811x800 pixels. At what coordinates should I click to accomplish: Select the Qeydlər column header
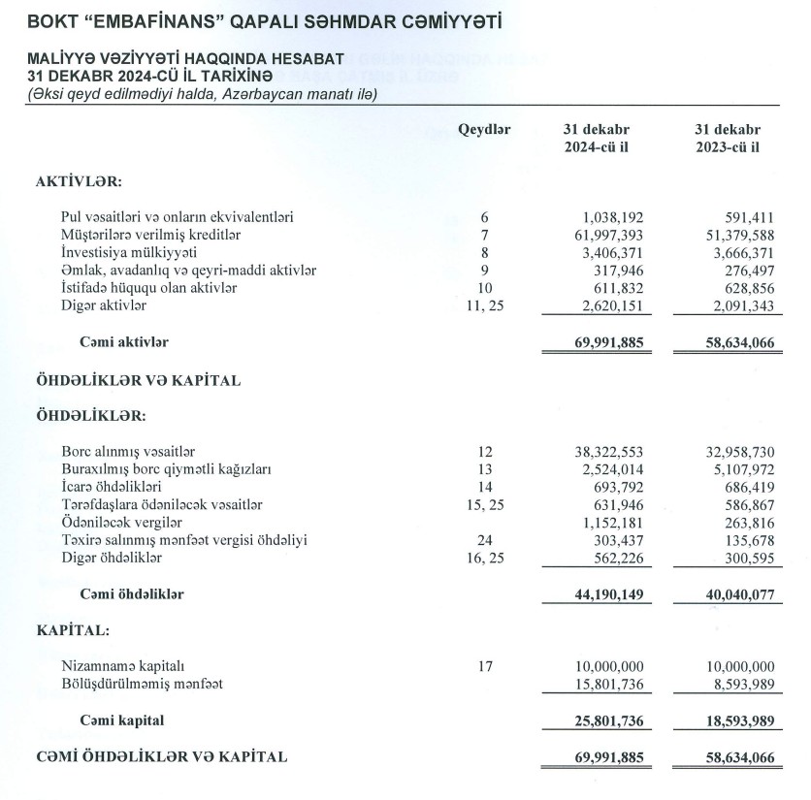click(484, 129)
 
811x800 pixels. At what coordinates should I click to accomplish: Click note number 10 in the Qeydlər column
click(485, 289)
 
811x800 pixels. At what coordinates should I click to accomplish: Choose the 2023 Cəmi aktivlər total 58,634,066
click(734, 342)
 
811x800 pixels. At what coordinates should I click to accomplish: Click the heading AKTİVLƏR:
click(78, 181)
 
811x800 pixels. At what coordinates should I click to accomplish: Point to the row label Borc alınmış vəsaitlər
click(129, 452)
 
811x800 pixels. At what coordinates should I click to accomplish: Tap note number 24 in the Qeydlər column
click(485, 540)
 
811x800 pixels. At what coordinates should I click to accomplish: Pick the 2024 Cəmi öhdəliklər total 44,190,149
click(606, 593)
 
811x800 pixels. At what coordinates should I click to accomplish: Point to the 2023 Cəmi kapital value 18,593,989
click(734, 720)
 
